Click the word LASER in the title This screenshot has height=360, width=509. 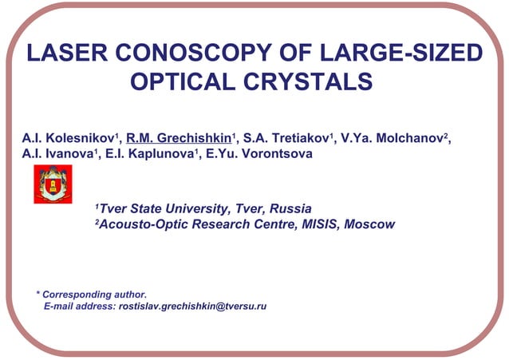(60, 54)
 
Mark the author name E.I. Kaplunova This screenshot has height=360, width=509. (151, 153)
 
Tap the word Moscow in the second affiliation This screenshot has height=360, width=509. (369, 225)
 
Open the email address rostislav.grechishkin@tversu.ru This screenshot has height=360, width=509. (191, 307)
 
